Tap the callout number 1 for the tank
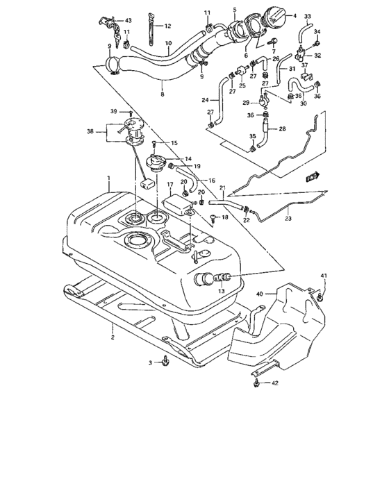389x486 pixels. click(x=108, y=179)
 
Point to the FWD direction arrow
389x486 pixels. click(x=312, y=178)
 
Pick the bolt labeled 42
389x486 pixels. click(x=258, y=381)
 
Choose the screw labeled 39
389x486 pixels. click(x=130, y=112)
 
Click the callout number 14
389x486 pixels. click(x=188, y=159)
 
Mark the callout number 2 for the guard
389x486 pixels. click(x=113, y=338)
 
